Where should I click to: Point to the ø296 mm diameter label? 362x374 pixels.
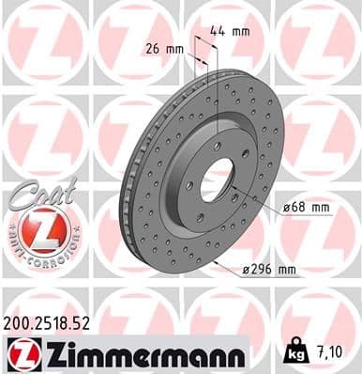click(268, 270)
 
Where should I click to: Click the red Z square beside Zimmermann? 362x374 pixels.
click(20, 353)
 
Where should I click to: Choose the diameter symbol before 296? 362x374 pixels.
click(245, 271)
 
